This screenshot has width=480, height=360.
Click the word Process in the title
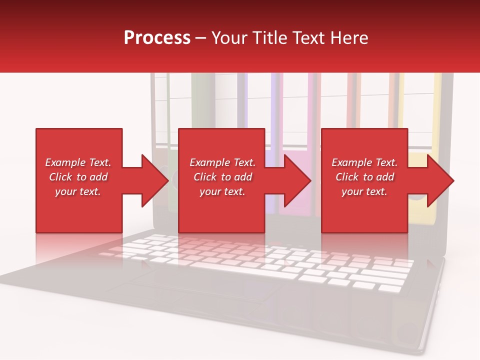157,38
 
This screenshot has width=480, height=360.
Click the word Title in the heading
268,38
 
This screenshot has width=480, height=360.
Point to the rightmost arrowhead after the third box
440,180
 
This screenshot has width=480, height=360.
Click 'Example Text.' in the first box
78,162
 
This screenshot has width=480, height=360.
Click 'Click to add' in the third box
364,177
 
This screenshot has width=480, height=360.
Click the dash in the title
200,38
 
